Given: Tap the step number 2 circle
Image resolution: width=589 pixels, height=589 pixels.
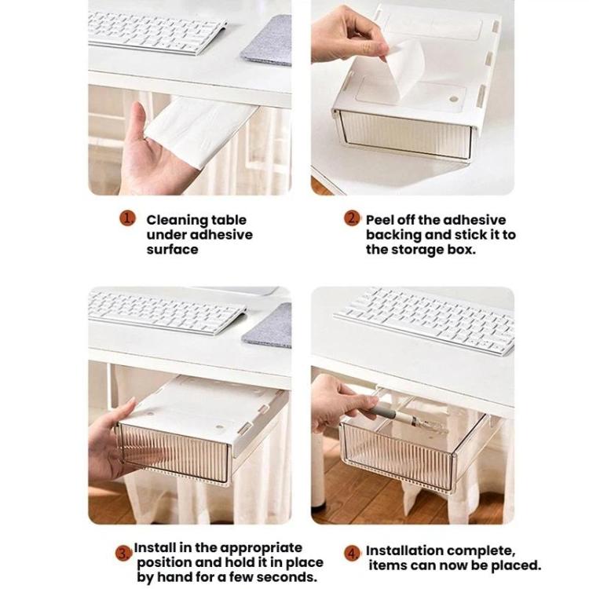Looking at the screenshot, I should (x=353, y=219).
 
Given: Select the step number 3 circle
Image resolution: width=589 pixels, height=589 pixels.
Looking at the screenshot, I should (x=124, y=553).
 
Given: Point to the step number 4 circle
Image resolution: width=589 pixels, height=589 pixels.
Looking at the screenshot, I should (x=353, y=553).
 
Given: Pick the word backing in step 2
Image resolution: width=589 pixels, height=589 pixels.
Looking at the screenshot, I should (x=393, y=235).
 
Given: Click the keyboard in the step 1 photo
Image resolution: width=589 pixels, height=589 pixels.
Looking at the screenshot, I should (x=156, y=30).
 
